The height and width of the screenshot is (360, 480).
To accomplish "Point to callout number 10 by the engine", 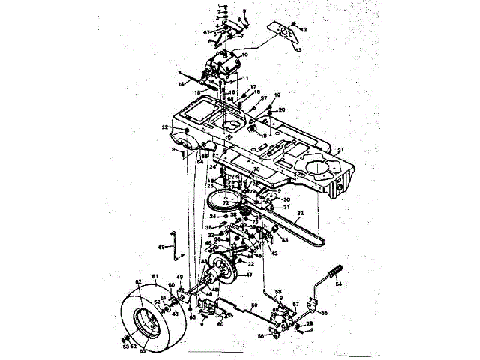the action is click(244, 54).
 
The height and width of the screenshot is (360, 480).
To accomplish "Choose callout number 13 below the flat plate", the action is click(298, 49).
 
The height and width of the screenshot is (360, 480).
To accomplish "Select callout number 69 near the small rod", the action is click(160, 246).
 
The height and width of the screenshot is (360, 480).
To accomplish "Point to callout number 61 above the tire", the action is click(156, 276).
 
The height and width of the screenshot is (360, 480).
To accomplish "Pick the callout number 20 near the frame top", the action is click(282, 109).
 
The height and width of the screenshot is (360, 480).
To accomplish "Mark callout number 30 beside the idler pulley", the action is click(286, 199).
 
